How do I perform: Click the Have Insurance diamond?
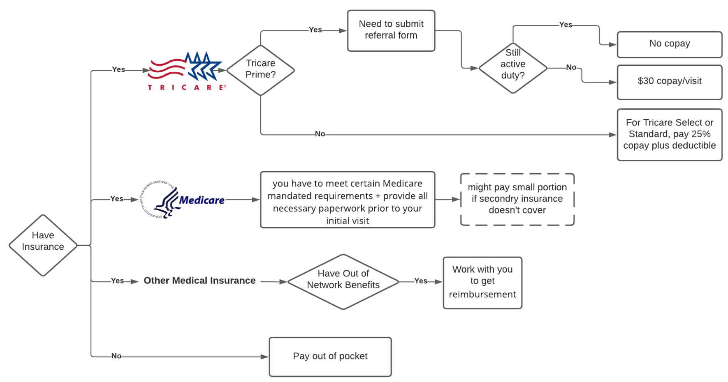click(x=43, y=245)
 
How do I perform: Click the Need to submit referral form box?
click(x=391, y=31)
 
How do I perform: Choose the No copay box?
click(x=669, y=44)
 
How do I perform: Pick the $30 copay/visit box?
click(x=669, y=82)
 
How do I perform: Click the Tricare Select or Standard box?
click(x=669, y=134)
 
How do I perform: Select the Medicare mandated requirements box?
click(x=347, y=200)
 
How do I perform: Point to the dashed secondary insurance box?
click(x=517, y=199)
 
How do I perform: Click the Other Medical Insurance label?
click(x=199, y=281)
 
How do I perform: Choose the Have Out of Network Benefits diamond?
click(x=343, y=281)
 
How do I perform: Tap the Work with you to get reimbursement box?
click(x=482, y=283)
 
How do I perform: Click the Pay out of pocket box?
click(x=330, y=357)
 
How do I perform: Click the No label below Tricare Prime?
click(x=320, y=134)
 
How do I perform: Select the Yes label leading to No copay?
click(x=566, y=25)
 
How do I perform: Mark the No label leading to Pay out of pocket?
click(x=116, y=356)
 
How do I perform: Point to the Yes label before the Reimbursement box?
click(x=420, y=281)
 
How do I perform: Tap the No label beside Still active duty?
click(x=571, y=67)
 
